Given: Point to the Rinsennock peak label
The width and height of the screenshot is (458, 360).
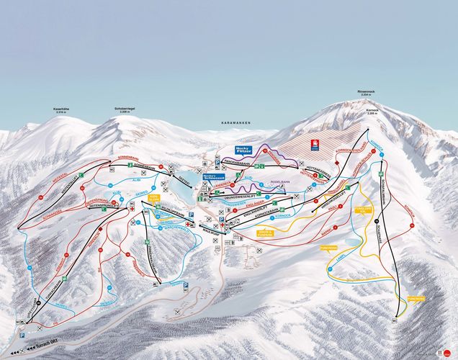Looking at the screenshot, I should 367,91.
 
